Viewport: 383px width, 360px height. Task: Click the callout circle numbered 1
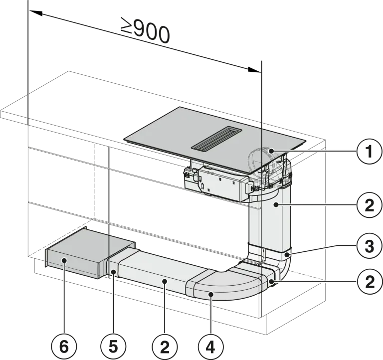369,152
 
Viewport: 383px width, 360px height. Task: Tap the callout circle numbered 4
210,347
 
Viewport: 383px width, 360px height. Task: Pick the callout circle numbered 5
113,347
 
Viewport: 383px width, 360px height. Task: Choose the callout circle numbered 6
64,347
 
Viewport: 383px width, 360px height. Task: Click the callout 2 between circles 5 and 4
165,347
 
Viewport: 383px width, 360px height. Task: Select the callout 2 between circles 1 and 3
369,205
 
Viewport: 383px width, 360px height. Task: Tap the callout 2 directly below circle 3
369,282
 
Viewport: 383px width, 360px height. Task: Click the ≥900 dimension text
145,30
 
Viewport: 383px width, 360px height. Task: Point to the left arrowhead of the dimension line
35,12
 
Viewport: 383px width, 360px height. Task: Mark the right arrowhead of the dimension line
254,70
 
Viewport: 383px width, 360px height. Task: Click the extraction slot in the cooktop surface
216,138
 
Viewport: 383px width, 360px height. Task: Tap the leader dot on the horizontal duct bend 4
211,295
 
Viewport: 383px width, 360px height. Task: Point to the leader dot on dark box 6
64,260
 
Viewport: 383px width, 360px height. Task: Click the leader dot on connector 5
113,272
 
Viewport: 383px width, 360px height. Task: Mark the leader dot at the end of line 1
271,151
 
